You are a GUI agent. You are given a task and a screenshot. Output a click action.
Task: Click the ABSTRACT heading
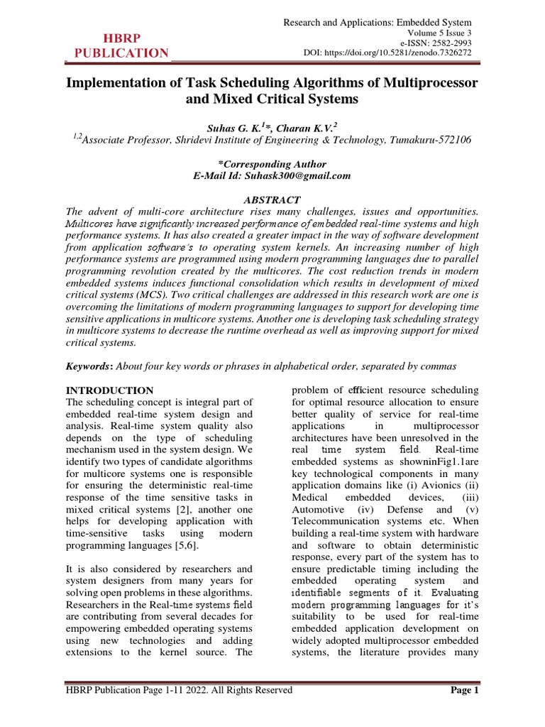(x=272, y=200)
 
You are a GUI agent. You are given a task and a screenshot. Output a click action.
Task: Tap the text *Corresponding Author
(x=272, y=163)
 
